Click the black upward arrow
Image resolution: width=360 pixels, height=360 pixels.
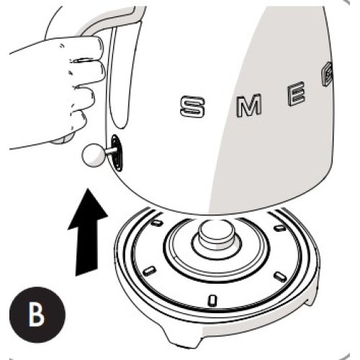[87, 230]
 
